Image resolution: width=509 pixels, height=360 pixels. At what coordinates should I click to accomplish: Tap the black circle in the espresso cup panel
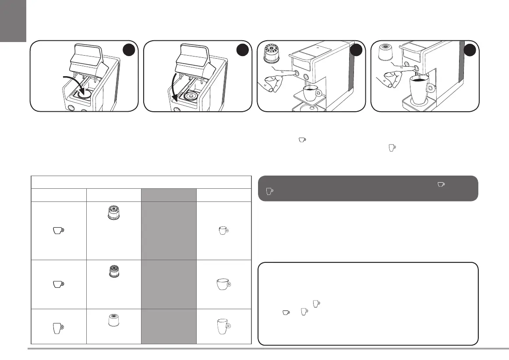[356, 51]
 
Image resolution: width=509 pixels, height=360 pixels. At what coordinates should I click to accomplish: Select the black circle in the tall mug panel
[470, 51]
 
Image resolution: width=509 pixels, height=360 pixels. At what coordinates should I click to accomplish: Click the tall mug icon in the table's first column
[58, 327]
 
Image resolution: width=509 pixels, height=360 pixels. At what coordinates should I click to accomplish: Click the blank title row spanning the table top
[141, 182]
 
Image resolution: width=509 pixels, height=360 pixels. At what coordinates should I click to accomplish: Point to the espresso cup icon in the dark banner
[441, 185]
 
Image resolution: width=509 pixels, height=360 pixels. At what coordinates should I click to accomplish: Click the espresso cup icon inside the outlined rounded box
[286, 312]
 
